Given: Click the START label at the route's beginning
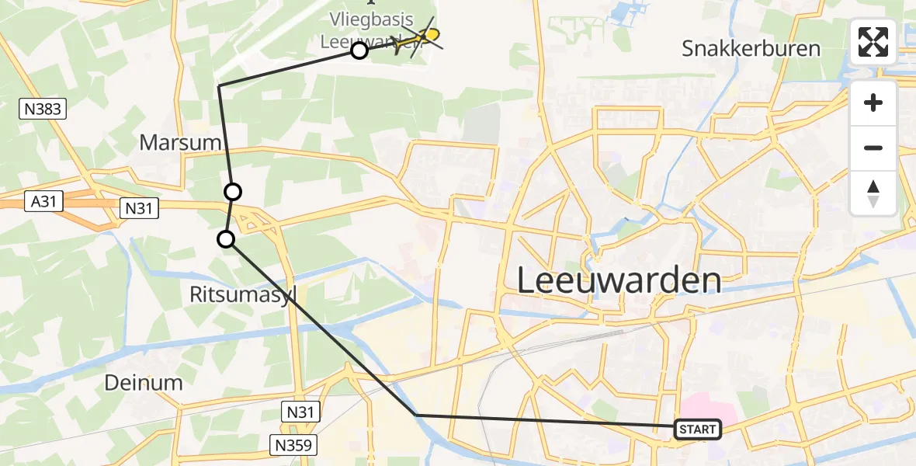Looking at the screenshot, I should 698,429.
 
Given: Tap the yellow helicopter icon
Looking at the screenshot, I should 419,39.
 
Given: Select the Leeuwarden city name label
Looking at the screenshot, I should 619,280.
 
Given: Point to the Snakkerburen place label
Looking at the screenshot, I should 751,49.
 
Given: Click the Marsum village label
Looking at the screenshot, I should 180,142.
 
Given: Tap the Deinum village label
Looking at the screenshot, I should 144,382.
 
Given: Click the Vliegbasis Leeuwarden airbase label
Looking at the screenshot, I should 368,30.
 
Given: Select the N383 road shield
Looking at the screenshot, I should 43,109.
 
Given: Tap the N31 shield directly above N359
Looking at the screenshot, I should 300,411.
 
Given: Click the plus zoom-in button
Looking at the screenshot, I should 873,103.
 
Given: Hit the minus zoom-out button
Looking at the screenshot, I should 873,148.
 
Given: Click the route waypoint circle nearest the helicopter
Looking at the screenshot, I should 359,51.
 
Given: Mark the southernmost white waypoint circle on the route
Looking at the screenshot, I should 226,239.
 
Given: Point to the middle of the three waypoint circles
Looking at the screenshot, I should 233,191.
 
